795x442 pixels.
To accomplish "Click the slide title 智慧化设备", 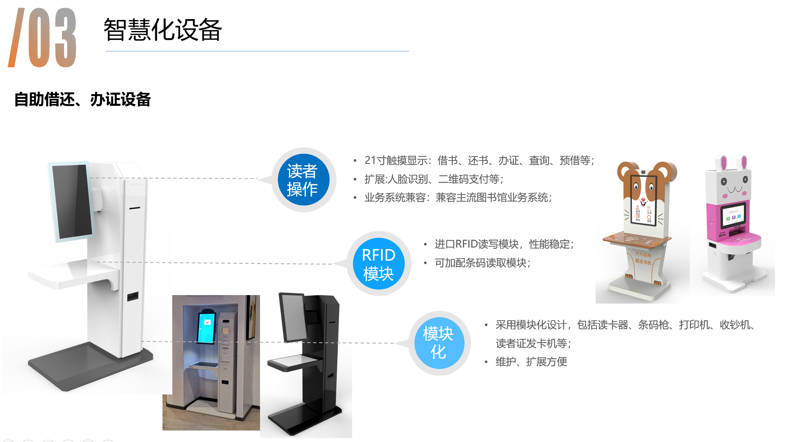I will click(x=162, y=30).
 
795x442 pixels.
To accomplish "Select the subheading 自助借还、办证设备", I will click(x=82, y=100).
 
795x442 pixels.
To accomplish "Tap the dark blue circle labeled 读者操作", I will click(x=303, y=180).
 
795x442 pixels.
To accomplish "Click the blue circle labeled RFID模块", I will click(x=378, y=264).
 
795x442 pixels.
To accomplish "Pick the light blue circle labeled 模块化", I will click(x=439, y=343).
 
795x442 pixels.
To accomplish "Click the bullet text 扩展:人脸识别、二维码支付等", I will click(x=434, y=179).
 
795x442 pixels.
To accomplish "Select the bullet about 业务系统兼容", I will click(x=458, y=197).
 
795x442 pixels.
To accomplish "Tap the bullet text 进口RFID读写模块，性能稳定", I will click(x=504, y=244).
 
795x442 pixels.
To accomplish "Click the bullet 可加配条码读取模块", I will click(x=482, y=263).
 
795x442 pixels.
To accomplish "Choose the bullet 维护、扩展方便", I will click(x=531, y=362).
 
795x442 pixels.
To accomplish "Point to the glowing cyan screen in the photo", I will click(x=207, y=327).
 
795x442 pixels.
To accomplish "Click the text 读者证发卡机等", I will click(x=533, y=343).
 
